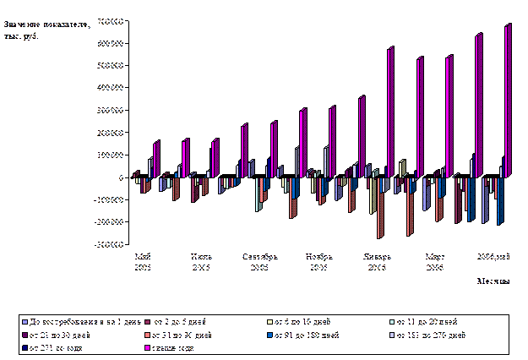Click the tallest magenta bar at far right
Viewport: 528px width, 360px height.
509,101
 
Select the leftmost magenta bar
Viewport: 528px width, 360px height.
157,160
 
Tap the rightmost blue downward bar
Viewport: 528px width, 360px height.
500,201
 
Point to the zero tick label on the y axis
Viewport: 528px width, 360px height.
122,178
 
